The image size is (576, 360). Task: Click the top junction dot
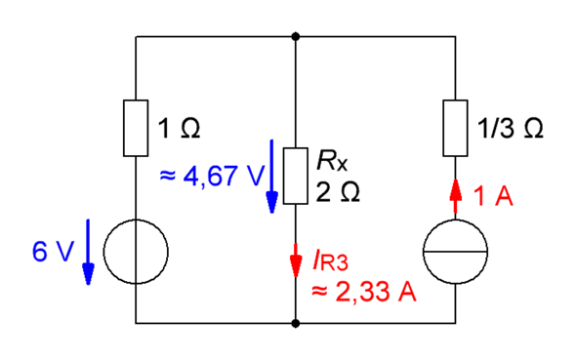(x=296, y=36)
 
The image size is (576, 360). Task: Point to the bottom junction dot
(x=296, y=323)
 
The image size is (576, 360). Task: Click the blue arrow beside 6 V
(x=88, y=252)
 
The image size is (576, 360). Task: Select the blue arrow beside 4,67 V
(x=271, y=177)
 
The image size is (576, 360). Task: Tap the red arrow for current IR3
(x=296, y=260)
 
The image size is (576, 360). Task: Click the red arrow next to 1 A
(x=456, y=196)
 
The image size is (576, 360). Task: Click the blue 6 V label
(x=53, y=252)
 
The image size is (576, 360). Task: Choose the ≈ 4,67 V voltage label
(x=212, y=176)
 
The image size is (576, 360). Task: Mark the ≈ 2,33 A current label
(x=364, y=292)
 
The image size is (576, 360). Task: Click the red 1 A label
(x=492, y=195)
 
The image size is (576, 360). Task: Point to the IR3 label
(x=330, y=260)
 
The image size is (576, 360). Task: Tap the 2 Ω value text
(x=338, y=192)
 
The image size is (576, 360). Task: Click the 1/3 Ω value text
(x=510, y=129)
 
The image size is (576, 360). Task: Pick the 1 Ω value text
(x=179, y=129)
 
